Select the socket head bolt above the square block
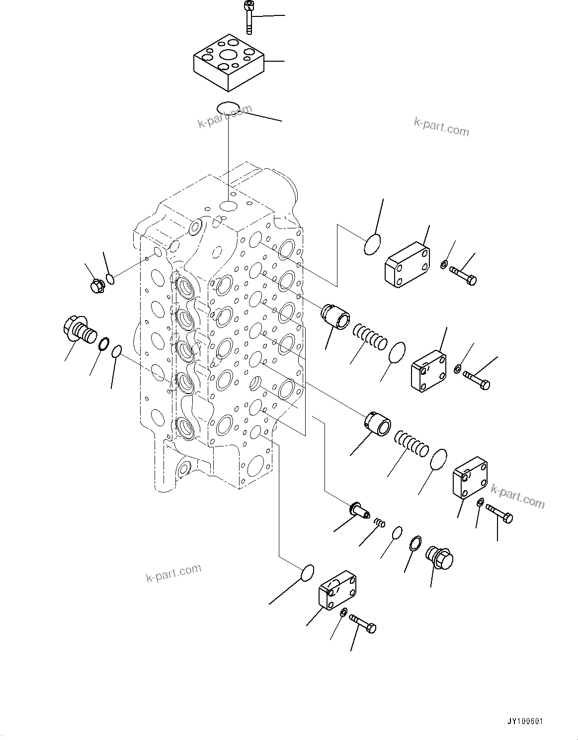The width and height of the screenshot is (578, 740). pos(248,17)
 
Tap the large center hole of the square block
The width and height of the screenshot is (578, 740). pos(229,55)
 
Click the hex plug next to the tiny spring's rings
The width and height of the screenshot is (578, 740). pos(440,558)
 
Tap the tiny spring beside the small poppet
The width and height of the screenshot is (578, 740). pos(380,523)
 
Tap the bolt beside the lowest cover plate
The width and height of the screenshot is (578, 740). pos(363,622)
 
